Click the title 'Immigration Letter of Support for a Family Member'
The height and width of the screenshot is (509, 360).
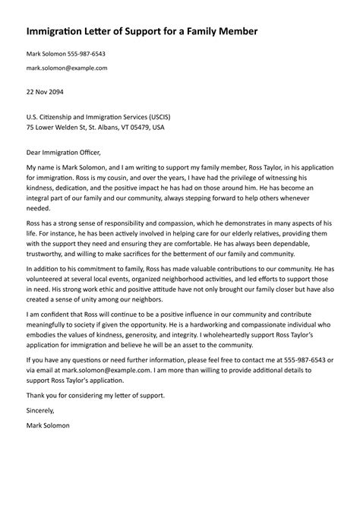pos(142,32)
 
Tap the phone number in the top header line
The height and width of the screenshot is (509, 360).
pos(85,55)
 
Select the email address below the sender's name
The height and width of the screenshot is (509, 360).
pos(67,68)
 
